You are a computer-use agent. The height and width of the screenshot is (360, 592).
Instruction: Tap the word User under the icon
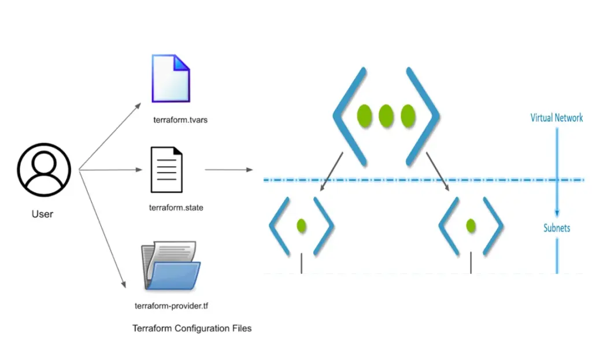coord(42,214)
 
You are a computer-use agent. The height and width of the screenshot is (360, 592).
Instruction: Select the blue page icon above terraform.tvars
coord(171,78)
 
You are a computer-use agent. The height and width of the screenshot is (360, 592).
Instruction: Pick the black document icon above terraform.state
coord(166,169)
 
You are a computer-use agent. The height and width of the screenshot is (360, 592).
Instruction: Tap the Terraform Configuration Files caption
coord(192,328)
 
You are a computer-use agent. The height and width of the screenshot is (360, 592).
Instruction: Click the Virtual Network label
coord(556,118)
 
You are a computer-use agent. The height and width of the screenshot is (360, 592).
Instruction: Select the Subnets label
coord(556,228)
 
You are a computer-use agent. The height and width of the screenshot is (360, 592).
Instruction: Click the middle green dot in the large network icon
coord(386,116)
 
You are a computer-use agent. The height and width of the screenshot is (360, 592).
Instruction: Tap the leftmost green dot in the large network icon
coord(364,116)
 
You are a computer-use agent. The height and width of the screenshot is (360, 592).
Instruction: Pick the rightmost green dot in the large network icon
coord(408,116)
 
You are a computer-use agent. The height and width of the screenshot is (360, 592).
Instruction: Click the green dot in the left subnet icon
coord(301,225)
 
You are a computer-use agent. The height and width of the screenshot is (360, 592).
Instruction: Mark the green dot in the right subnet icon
coord(471,225)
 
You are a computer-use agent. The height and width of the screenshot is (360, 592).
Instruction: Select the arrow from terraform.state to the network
coord(228,170)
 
